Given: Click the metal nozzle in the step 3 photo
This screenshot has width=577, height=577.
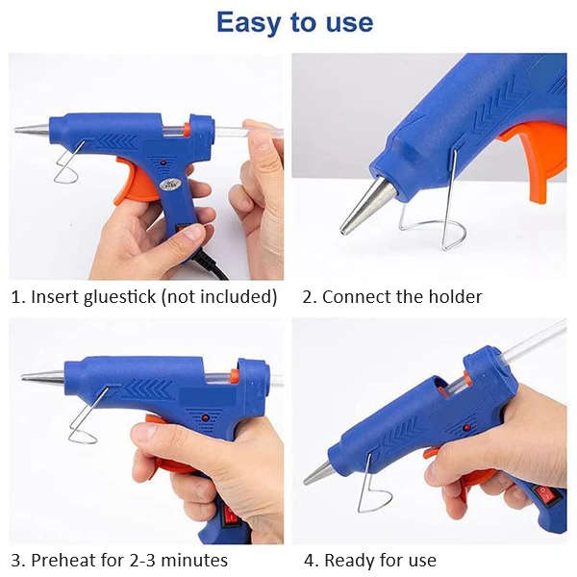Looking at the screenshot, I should (x=43, y=377).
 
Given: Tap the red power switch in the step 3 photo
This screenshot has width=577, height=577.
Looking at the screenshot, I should (x=231, y=514).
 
